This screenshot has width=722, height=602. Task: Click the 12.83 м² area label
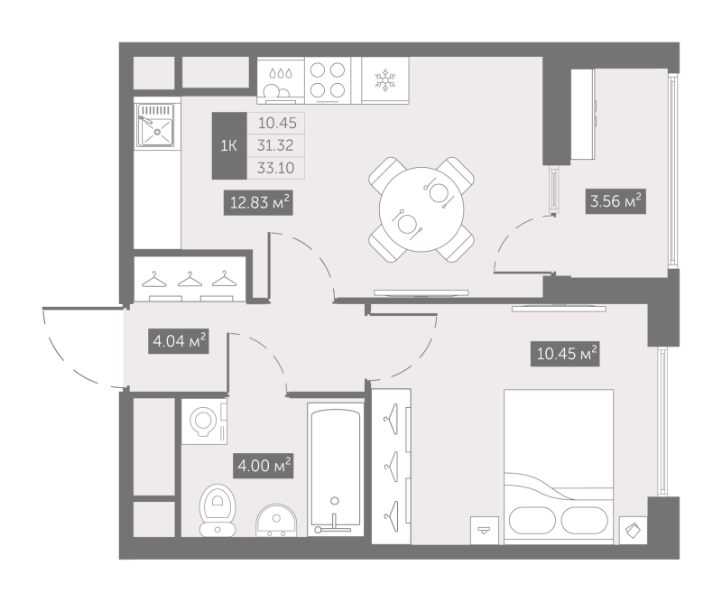[258, 205]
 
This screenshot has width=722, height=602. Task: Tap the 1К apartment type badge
[229, 145]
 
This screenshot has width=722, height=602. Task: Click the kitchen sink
[158, 126]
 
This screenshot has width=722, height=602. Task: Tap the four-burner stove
[331, 79]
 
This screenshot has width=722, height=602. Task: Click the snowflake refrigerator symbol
[386, 79]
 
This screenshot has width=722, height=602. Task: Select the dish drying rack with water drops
[279, 79]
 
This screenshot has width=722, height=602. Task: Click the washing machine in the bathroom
[205, 420]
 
